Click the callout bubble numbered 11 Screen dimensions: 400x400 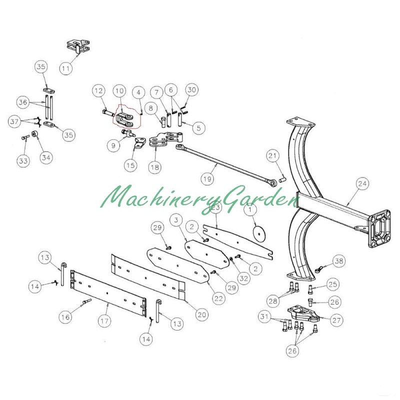[66, 68]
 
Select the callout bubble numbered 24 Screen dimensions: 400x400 [362, 183]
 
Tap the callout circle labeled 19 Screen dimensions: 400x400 [207, 179]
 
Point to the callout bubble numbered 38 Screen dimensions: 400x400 [339, 261]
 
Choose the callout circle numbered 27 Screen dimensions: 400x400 [336, 320]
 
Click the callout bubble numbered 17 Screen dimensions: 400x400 [104, 320]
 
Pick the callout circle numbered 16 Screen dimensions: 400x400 [65, 317]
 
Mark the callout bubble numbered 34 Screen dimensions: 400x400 [46, 157]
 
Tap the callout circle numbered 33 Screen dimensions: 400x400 [23, 161]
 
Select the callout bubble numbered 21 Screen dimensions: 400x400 [272, 155]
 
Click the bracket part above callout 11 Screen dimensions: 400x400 [78, 46]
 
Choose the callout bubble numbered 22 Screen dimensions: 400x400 [218, 298]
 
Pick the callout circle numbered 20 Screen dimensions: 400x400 [201, 315]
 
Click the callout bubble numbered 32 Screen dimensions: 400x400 [243, 278]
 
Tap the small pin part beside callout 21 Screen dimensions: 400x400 [283, 180]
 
